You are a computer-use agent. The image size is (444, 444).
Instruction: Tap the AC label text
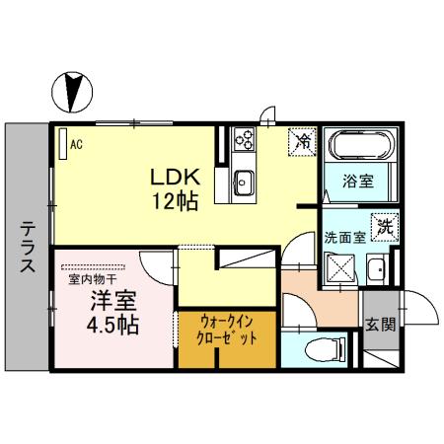75,144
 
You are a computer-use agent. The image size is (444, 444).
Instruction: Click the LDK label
176,177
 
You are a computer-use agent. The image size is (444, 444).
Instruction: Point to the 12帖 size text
176,201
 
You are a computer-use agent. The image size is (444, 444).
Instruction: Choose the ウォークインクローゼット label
227,330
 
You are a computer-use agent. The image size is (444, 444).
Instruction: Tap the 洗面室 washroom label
344,237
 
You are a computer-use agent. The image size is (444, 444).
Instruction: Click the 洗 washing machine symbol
383,224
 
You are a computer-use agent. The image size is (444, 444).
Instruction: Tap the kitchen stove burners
244,148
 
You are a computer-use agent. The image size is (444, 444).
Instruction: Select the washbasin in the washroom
377,267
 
